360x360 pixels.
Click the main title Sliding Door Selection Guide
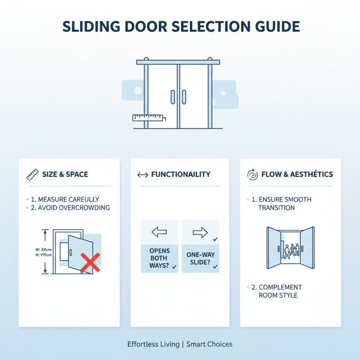180,27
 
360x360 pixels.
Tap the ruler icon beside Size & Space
31,174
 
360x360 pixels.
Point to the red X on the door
90,262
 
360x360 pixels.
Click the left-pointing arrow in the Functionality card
159,232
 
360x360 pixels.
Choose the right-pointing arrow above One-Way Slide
200,232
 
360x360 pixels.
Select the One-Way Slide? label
200,258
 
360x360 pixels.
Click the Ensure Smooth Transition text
284,203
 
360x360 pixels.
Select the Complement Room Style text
280,291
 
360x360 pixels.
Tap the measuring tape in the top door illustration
149,118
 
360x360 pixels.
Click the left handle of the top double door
172,96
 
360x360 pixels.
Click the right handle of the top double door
184,96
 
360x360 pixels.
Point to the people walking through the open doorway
290,251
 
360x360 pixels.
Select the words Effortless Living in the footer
153,344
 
